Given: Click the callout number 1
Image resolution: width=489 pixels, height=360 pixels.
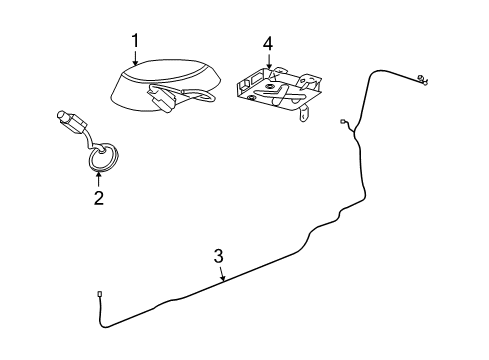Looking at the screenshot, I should (134, 40).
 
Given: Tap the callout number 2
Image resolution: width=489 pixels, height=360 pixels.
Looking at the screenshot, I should (98, 198).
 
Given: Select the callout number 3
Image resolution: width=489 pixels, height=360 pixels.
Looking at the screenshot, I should (218, 256).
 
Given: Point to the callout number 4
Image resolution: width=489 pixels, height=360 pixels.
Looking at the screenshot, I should (267, 44).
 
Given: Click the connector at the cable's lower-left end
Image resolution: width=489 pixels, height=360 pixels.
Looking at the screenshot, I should (101, 294).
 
